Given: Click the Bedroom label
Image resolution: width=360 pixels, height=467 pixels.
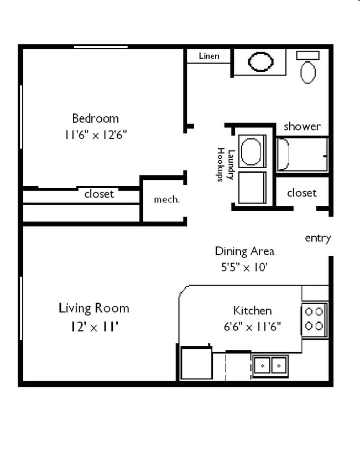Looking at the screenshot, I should pos(95,118).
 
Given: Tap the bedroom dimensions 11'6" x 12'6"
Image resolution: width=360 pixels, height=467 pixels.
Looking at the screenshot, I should pos(95,134).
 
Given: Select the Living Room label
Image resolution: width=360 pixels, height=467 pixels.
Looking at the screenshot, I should pos(93,308).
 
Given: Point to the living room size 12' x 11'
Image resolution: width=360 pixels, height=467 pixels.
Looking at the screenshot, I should pos(93,326).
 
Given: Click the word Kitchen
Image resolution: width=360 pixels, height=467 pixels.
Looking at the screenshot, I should pos(252,310).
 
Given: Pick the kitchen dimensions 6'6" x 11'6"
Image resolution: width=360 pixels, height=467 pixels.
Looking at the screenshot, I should pos(252,326).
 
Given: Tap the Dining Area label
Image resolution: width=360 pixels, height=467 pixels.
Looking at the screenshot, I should pos(244,251).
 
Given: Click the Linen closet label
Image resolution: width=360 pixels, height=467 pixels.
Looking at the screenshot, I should pos(208,56).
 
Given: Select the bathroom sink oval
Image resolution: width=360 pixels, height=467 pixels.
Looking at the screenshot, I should pos(260,62).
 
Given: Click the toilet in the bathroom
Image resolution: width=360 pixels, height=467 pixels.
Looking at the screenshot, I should pos(308,69).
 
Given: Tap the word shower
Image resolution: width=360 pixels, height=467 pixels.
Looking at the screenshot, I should pos(302,126).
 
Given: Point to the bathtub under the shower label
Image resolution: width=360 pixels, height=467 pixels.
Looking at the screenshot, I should pos(302,154).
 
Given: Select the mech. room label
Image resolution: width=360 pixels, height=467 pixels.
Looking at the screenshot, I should pos(166,200).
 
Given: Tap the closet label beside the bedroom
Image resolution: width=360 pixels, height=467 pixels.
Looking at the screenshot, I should pos(99,194).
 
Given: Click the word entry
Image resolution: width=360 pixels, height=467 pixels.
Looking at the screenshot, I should pos(318,238).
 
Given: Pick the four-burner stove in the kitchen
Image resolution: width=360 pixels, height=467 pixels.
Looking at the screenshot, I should pos(314,319).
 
